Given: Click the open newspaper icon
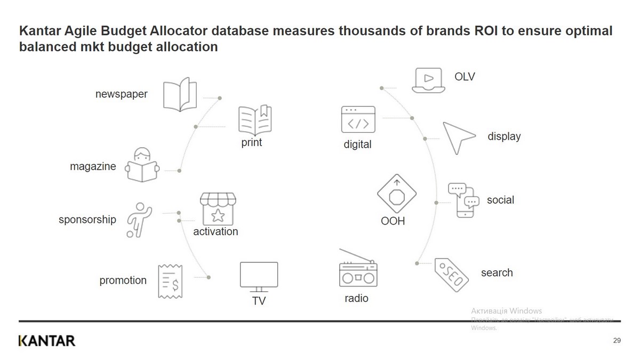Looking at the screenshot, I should coord(180,95).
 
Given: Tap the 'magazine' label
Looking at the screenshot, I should coord(93,166).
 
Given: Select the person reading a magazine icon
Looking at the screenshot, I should coord(142,165).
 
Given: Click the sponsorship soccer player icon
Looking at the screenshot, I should coord(139,219).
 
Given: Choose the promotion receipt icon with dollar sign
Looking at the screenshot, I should coord(171,281).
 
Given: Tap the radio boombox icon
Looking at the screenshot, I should coord(358,270).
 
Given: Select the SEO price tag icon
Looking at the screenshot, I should coord(451,275).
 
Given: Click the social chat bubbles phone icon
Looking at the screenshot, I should coord(461,200).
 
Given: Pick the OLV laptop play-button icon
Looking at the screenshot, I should coord(429,80).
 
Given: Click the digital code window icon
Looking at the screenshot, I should coord(358,119).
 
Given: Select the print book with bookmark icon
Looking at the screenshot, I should coord(254,121).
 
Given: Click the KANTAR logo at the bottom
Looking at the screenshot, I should coord(47,341).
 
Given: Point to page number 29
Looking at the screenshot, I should coord(617,341).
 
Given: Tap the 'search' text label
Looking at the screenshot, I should coord(497,273).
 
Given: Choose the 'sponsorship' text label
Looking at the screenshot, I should coord(87,219).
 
